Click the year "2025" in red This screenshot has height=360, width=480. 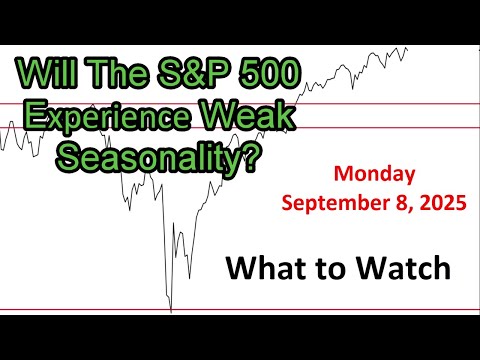pos(437,205)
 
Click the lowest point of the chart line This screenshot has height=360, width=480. pos(171,311)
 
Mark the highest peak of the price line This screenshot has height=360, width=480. pos(403,47)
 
